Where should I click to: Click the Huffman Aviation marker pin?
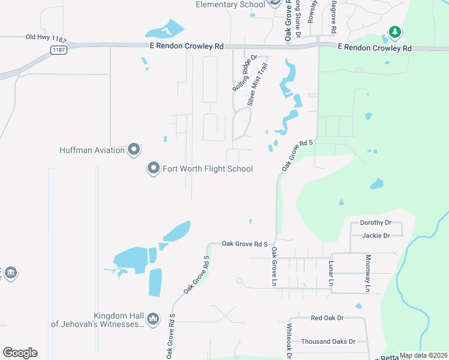[x=133, y=149]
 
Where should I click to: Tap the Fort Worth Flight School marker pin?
[x=154, y=169]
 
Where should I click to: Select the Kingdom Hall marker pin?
[x=152, y=317]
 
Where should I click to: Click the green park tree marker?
[x=394, y=31]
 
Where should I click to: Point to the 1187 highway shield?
[x=58, y=49]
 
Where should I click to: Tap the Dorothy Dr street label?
[x=375, y=223]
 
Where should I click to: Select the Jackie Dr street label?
[x=376, y=236]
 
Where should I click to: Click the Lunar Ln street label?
[x=330, y=272]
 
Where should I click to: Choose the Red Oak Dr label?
[x=327, y=318]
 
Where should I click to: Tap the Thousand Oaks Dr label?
[x=328, y=341]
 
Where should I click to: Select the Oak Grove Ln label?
[x=274, y=266]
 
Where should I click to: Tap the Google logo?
[x=20, y=353]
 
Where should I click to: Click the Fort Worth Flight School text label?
[x=208, y=169]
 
